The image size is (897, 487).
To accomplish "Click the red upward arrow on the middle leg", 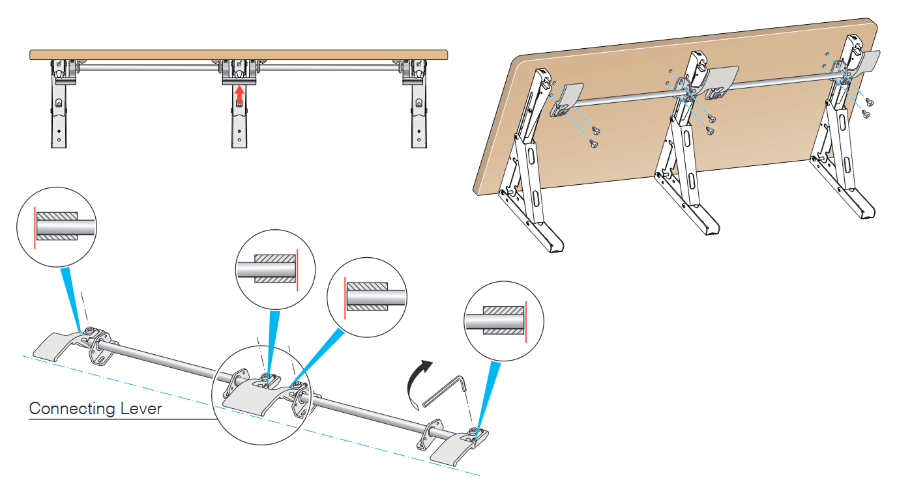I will click(239, 95).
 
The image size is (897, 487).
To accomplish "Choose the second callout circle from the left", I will click(274, 269).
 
